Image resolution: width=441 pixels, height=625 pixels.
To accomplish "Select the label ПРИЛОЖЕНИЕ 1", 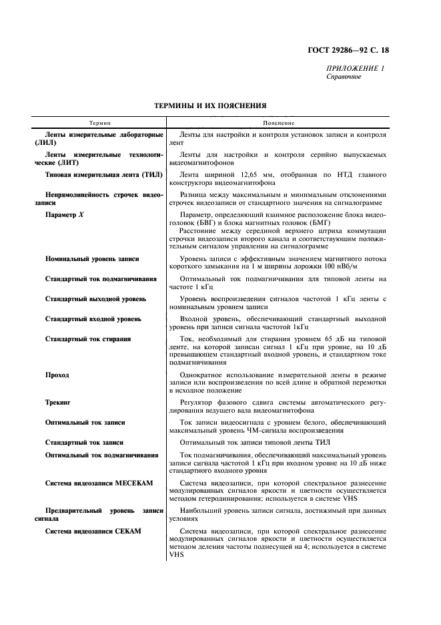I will tap(354, 69).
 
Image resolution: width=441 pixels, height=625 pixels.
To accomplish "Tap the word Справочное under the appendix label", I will tap(343, 77).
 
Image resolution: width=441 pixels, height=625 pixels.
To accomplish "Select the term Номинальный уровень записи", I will tap(92, 258).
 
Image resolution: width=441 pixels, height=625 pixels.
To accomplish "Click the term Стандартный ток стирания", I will tap(87, 339).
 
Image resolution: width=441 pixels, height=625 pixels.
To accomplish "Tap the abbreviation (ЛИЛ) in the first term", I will tap(47, 144).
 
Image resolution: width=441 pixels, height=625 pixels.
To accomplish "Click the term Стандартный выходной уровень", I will tap(95, 298).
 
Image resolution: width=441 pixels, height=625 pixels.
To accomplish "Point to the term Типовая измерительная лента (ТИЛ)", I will tap(100, 176).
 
